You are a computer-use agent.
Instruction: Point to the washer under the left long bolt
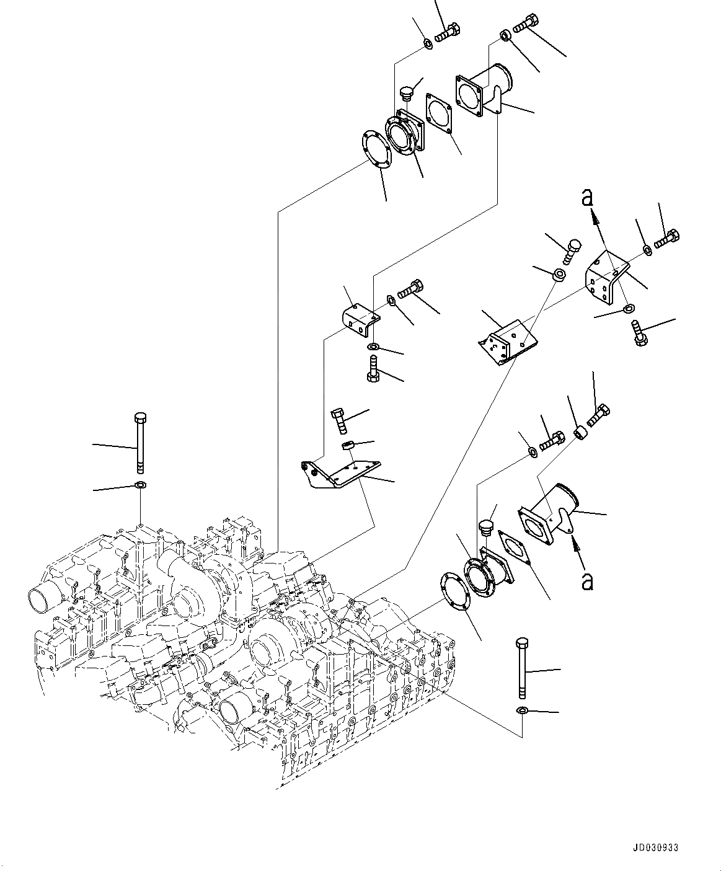pyautogui.click(x=140, y=485)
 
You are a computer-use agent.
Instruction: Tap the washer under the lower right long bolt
pyautogui.click(x=522, y=710)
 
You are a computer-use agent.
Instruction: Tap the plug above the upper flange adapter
pyautogui.click(x=406, y=94)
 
